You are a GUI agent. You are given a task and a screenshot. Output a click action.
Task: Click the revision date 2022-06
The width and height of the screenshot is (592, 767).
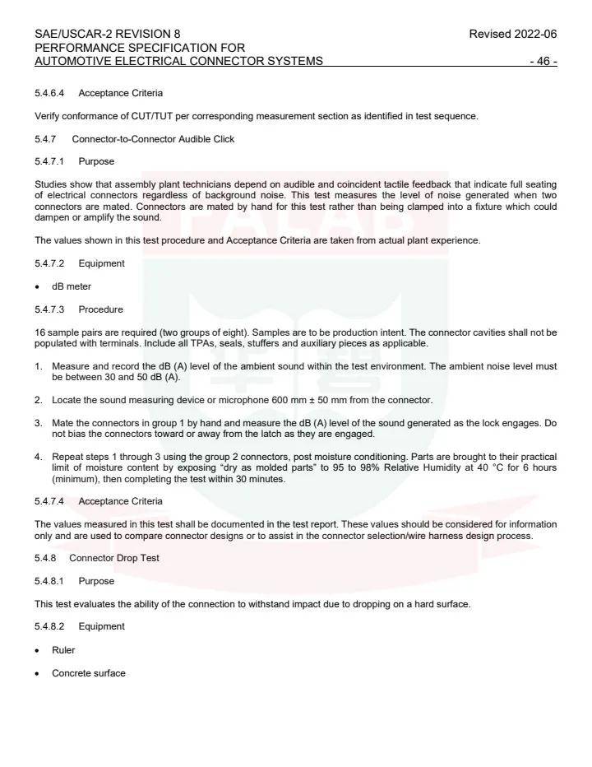(x=534, y=34)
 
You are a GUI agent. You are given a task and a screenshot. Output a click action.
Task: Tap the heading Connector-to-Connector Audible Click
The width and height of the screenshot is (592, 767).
(x=153, y=139)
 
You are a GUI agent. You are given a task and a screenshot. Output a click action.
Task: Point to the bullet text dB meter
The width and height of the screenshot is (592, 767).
(x=72, y=286)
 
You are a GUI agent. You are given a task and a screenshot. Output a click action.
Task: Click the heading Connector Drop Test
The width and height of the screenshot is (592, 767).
(x=113, y=558)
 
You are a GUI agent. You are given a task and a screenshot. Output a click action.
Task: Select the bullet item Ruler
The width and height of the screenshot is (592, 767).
(x=63, y=650)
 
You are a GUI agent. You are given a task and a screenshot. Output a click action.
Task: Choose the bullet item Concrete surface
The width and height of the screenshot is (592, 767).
(x=89, y=673)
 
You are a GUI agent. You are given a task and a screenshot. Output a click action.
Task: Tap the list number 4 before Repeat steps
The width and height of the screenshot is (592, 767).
(x=38, y=456)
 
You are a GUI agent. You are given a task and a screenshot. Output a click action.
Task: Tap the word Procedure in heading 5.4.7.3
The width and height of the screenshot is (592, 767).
(x=100, y=309)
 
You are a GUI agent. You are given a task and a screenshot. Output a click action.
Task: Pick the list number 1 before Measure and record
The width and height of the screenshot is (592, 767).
(x=38, y=365)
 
